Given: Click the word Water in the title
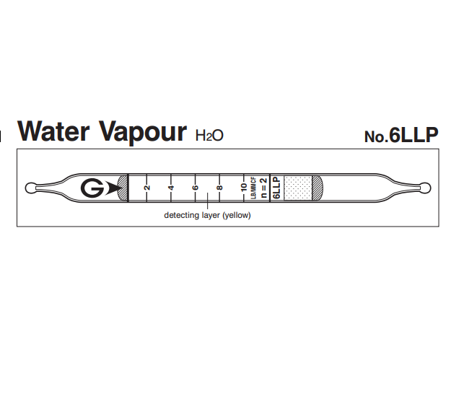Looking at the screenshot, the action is click(53, 131).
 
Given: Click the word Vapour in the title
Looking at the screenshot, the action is click(142, 133).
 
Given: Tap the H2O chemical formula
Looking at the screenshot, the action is click(209, 136).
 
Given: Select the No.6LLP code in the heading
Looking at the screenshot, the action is click(401, 136).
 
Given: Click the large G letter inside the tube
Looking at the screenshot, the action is click(92, 188).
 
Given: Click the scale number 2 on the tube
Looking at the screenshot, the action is click(147, 188).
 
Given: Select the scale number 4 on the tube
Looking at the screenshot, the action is click(171, 188).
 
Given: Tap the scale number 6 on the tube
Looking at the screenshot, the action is click(196, 188).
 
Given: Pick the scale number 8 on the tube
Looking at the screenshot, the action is click(219, 188).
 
